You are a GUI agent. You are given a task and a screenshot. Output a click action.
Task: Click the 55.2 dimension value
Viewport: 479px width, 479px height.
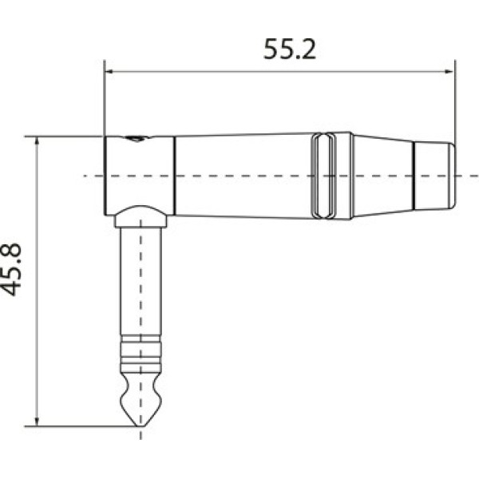(290, 49)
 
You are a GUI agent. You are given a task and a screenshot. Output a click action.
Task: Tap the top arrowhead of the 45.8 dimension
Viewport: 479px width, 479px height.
(38, 141)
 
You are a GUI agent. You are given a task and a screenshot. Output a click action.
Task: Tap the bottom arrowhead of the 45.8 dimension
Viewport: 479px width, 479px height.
(38, 421)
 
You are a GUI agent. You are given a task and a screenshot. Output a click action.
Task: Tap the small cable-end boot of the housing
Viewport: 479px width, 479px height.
(434, 176)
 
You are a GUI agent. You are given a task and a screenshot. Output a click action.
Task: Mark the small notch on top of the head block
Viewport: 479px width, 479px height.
(137, 139)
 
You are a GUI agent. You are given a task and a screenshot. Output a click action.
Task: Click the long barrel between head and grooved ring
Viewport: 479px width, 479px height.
(243, 175)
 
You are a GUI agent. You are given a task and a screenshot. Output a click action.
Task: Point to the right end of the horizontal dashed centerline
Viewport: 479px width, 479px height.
(476, 175)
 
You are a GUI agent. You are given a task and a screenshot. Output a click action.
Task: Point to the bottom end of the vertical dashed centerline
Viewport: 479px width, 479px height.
(141, 437)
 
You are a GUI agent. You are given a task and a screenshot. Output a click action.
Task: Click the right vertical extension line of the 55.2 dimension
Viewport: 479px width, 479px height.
(454, 104)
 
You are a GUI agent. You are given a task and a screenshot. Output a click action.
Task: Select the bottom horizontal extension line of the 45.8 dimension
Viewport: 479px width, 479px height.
(80, 426)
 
